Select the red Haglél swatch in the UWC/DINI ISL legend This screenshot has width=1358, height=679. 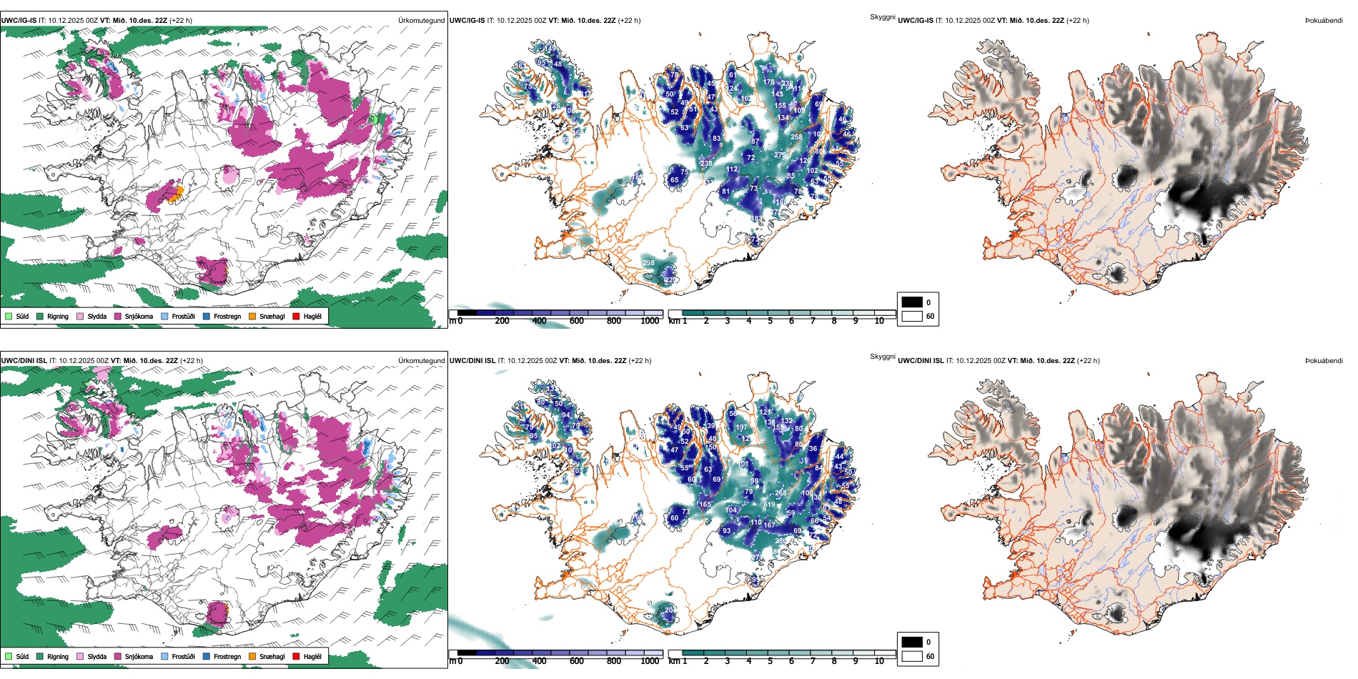[x=296, y=656]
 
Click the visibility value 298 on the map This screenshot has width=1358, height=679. [x=648, y=263]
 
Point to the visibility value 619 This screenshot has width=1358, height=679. [x=769, y=505]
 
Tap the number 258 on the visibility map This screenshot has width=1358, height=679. [x=796, y=137]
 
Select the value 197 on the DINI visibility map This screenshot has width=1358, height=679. [x=741, y=427]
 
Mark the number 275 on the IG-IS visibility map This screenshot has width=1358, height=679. [x=779, y=154]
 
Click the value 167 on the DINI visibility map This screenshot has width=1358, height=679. [x=769, y=525]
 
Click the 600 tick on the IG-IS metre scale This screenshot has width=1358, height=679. [x=577, y=321]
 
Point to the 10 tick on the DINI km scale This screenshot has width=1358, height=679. [x=879, y=661]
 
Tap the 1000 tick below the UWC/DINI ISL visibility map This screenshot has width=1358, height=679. [x=650, y=661]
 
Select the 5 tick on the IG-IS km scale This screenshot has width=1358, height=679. [x=770, y=321]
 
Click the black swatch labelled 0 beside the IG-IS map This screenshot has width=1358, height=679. [x=912, y=302]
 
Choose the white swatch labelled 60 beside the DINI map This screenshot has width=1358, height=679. [x=912, y=656]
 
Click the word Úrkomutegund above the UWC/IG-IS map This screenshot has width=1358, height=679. [x=421, y=21]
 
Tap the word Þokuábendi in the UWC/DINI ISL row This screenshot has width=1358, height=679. [x=1324, y=361]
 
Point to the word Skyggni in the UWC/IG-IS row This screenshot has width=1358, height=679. [x=882, y=17]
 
